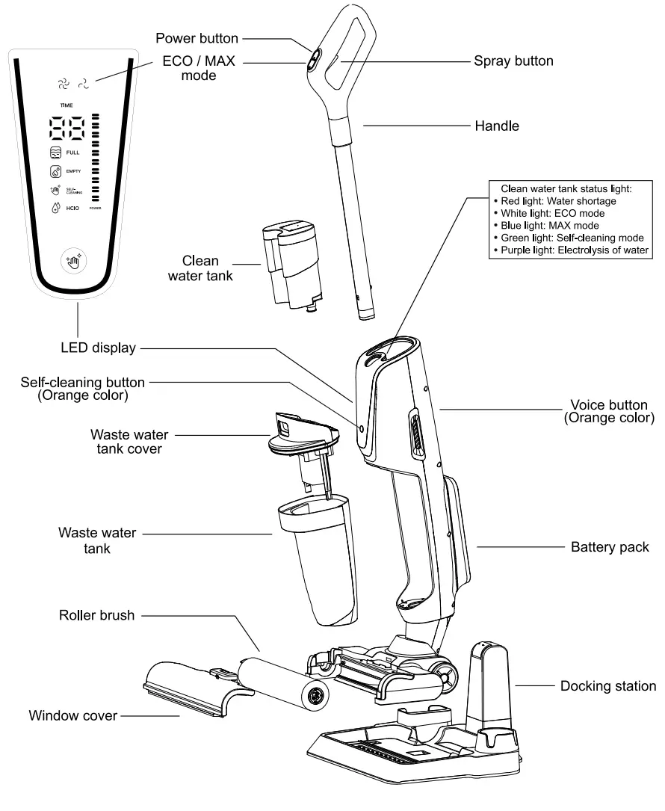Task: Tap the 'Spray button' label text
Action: click(513, 61)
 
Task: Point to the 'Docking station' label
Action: click(608, 685)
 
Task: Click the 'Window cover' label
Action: click(72, 716)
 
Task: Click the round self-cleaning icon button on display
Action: click(74, 260)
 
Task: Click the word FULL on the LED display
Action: click(72, 152)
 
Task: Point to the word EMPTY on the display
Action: click(74, 172)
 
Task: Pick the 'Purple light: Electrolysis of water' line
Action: click(572, 249)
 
